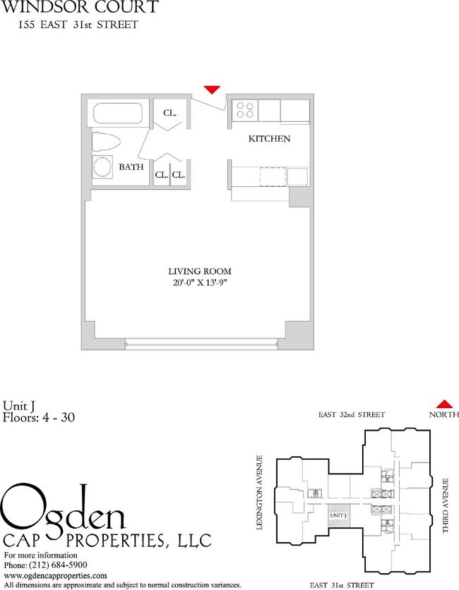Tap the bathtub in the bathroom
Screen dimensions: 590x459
click(x=119, y=114)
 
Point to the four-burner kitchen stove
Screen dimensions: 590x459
click(x=246, y=110)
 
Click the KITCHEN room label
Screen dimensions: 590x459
click(x=269, y=139)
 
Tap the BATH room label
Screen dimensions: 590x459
click(x=131, y=168)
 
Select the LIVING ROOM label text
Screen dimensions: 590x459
click(x=200, y=271)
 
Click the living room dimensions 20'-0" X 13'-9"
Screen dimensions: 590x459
click(x=200, y=283)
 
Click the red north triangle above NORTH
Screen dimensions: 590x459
click(x=443, y=403)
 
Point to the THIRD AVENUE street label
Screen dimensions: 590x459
click(x=446, y=505)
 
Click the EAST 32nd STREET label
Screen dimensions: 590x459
click(x=351, y=414)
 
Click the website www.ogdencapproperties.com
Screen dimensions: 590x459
click(x=56, y=576)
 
